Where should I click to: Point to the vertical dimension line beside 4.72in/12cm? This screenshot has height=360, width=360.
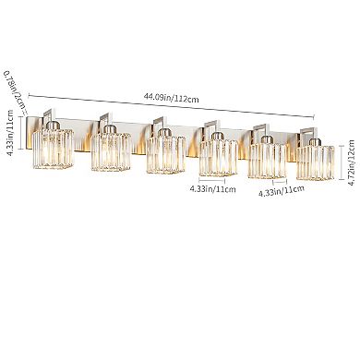click(x=336, y=150)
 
